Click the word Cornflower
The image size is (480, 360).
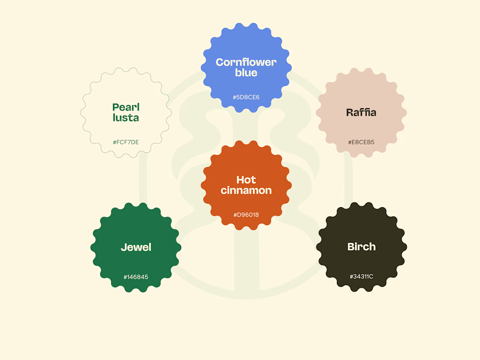[246, 62]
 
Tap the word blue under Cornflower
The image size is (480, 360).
[246, 72]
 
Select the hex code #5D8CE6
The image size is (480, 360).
[246, 97]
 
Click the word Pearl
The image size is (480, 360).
[126, 107]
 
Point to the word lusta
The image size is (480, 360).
[126, 117]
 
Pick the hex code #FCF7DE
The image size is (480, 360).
[126, 142]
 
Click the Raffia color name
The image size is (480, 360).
[361, 112]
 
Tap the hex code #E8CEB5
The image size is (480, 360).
[361, 142]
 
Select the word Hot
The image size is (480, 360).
[246, 180]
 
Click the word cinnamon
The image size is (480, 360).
[246, 190]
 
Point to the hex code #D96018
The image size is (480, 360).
[246, 215]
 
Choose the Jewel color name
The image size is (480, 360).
[136, 247]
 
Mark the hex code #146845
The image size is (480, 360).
[136, 277]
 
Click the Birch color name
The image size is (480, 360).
[362, 247]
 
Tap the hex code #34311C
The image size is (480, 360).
[362, 276]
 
